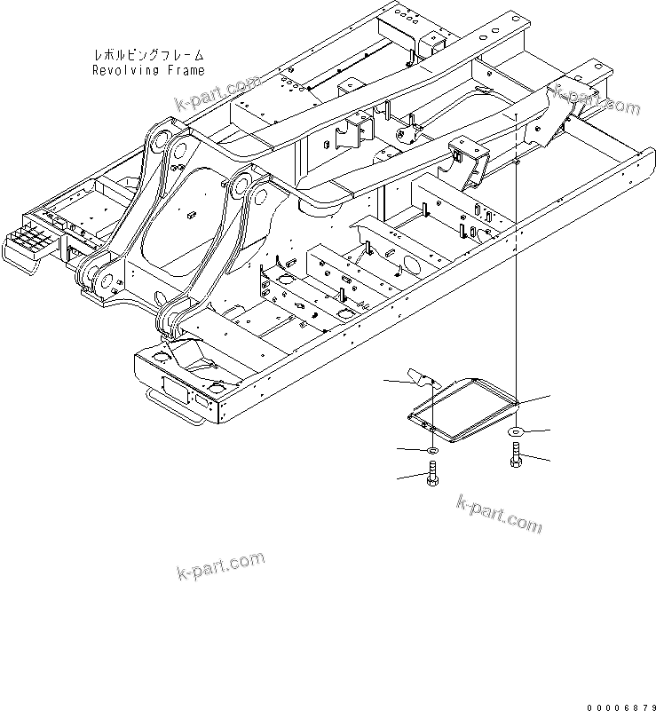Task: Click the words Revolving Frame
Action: point(148,70)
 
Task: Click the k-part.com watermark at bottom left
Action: point(221,565)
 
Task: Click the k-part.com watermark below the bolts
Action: point(498,515)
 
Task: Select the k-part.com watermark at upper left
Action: point(217,91)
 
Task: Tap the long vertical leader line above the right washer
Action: point(517,266)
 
